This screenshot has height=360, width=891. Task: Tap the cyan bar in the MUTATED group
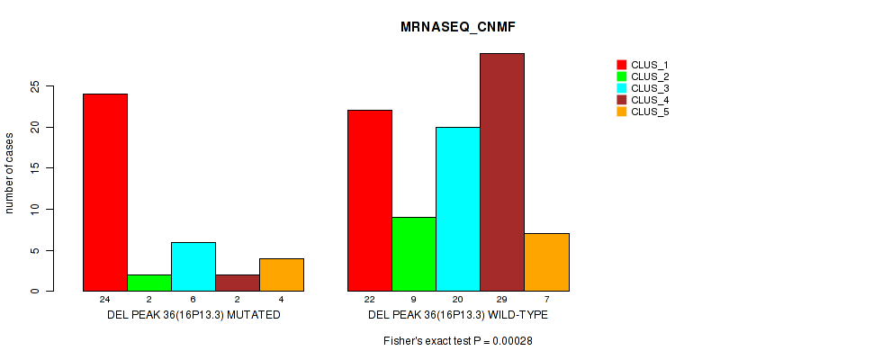(x=193, y=266)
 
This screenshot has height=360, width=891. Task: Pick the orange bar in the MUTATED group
(x=282, y=274)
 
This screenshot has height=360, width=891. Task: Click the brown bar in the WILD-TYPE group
(x=502, y=172)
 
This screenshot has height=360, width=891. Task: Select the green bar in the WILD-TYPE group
(x=414, y=254)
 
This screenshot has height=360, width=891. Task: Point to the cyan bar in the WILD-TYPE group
(x=458, y=209)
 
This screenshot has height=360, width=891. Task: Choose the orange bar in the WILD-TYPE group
(x=546, y=262)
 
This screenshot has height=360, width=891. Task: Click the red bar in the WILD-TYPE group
(x=370, y=201)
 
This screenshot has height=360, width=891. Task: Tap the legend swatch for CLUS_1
(x=621, y=65)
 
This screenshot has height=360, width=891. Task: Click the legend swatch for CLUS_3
(x=621, y=88)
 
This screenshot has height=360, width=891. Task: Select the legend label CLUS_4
(x=650, y=100)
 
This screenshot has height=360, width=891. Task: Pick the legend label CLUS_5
(x=650, y=112)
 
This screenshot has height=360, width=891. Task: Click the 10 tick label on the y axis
(x=35, y=209)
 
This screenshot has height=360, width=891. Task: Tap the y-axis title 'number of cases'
(x=10, y=174)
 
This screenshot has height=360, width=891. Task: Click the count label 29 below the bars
(x=502, y=299)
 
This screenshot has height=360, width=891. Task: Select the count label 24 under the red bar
(x=105, y=299)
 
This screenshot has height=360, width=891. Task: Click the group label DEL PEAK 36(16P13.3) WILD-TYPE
(x=457, y=315)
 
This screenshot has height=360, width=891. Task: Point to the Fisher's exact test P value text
(x=457, y=341)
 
